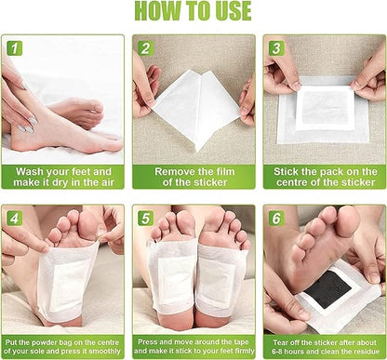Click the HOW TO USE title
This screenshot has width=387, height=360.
pos(193,11)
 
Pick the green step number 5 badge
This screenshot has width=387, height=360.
pos(146,219)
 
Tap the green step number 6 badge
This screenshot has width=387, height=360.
pos(276,219)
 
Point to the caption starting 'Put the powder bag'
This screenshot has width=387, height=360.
pos(63,346)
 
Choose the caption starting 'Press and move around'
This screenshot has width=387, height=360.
pos(193,346)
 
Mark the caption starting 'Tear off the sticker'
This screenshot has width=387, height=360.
pos(324,346)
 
